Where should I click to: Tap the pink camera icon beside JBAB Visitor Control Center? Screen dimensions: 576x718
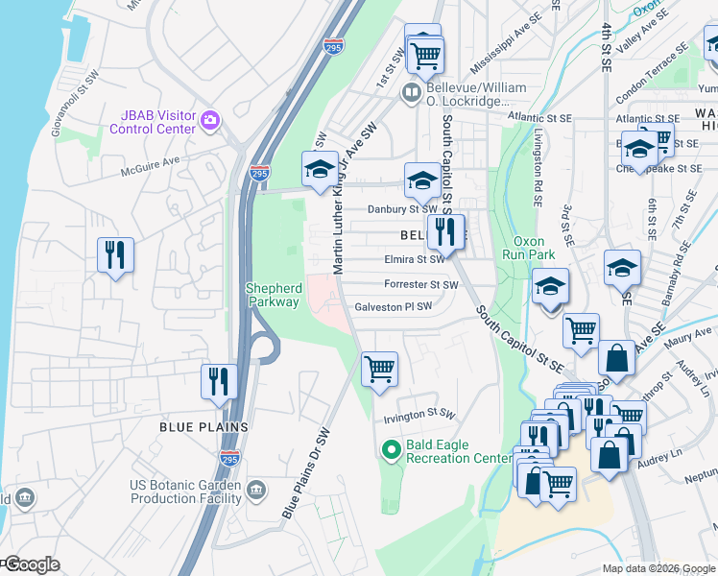tap(209, 121)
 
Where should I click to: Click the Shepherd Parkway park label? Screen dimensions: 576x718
tap(275, 295)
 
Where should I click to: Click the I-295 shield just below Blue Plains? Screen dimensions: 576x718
tap(229, 458)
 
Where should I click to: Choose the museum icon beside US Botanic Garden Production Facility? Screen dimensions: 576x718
tap(255, 491)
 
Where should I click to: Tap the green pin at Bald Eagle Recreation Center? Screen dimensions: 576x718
tap(391, 449)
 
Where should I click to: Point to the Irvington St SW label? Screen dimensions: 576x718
tap(417, 413)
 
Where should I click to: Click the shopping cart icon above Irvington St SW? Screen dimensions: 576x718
tap(380, 368)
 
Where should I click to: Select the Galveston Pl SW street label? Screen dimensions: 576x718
tap(394, 307)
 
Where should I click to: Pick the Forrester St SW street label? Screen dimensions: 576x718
tap(420, 285)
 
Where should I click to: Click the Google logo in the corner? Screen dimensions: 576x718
tap(31, 564)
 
